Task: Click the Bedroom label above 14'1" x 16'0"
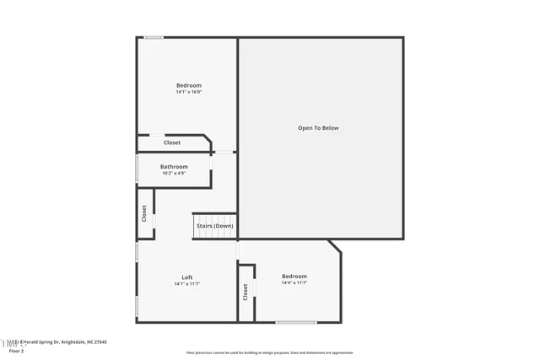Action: tap(188, 85)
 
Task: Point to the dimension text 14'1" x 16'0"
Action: tap(188, 93)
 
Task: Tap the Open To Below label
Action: tap(318, 128)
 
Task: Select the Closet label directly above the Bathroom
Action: tap(172, 142)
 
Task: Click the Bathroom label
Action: tap(174, 167)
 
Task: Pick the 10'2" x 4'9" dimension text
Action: tap(174, 174)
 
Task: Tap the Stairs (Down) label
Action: tap(214, 226)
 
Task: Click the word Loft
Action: tap(186, 277)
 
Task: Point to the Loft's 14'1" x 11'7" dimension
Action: tap(186, 284)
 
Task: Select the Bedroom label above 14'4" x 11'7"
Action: tap(294, 277)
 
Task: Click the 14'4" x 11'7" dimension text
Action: tap(294, 283)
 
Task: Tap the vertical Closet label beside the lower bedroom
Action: tap(246, 292)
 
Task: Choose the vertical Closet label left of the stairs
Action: tap(144, 213)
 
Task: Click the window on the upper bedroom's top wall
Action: tap(154, 37)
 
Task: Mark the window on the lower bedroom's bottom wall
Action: tap(296, 322)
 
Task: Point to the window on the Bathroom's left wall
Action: tap(137, 168)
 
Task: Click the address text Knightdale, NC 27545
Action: tap(84, 342)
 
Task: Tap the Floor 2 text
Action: tap(17, 351)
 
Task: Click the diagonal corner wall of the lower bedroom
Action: tap(335, 246)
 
